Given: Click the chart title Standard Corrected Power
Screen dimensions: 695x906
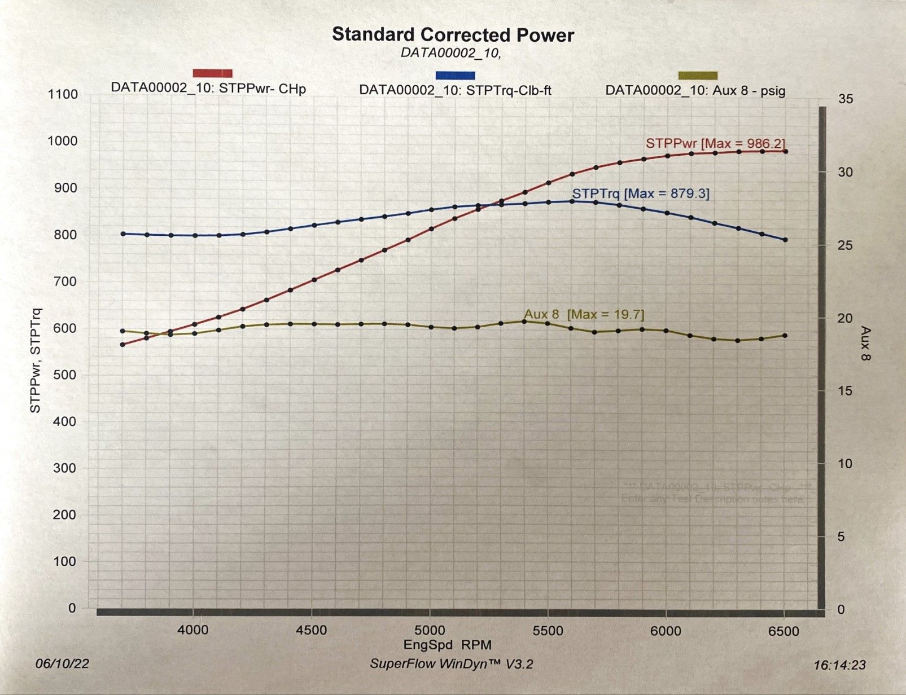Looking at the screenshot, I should coord(453,34).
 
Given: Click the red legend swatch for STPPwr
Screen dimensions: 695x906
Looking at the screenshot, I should coord(212,73).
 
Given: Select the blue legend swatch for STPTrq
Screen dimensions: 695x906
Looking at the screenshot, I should coord(455,75).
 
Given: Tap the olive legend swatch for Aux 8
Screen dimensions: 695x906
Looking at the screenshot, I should coord(698,76).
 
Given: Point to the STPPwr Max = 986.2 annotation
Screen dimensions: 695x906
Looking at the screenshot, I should coord(715,143).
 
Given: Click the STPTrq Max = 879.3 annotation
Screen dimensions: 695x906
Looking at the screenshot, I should coord(641,193).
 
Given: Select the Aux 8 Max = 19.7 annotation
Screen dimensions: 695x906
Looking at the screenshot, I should coord(584,314).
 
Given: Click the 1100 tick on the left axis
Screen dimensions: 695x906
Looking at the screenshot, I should coord(63,94).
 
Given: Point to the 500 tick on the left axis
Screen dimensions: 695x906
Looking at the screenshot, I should coord(64,375).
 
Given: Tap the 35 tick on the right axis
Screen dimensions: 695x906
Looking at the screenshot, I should coord(846,99).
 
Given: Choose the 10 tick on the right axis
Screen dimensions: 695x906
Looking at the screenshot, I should coord(845,464).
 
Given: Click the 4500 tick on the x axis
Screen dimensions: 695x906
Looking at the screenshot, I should coord(311,630).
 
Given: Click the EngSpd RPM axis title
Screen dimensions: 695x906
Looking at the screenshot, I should coord(447,645).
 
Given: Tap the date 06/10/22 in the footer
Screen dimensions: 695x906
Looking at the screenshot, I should coord(62,663).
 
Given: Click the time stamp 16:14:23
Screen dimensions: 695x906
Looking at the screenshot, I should coord(839,665).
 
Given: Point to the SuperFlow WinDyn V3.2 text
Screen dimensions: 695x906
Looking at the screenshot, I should coord(451,664).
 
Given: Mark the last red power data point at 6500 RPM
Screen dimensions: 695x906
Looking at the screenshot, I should coord(785,151).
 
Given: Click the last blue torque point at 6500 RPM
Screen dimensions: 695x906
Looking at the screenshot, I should coord(785,240).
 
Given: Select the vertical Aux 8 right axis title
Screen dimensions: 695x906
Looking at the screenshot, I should coord(865,343).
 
